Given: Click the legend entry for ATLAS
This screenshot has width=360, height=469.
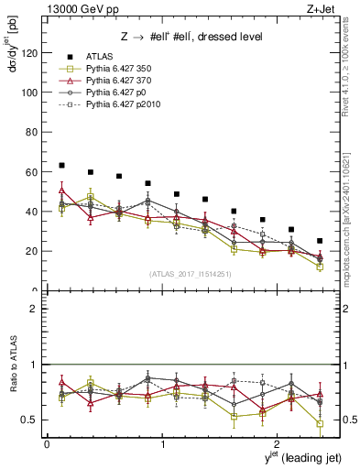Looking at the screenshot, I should (x=100, y=57).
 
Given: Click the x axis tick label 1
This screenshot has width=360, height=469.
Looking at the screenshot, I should (x=163, y=444).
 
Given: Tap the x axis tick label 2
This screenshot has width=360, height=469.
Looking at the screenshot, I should (x=279, y=444).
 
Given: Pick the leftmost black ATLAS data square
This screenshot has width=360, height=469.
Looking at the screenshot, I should (x=61, y=166).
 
